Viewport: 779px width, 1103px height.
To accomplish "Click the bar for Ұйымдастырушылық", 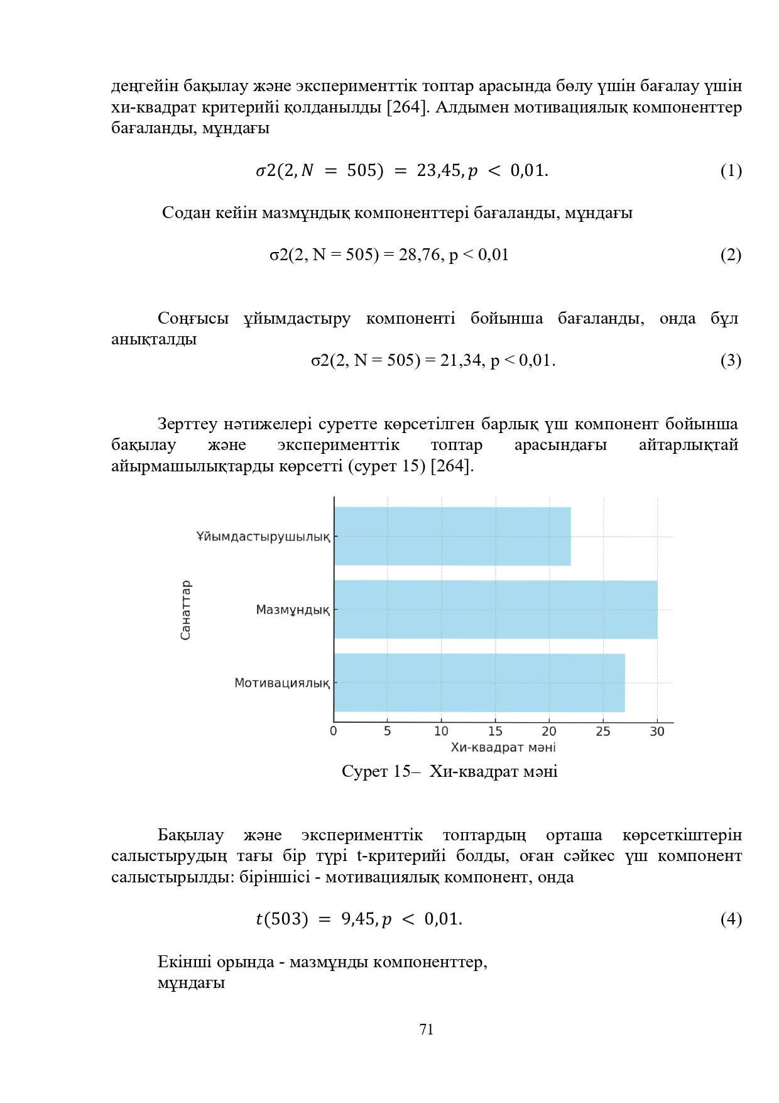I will (452, 536).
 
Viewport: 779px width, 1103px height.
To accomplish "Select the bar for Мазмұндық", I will (495, 609).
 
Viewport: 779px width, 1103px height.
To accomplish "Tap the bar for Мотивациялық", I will (479, 682).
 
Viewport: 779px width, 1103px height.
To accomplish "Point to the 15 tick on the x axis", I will (495, 731).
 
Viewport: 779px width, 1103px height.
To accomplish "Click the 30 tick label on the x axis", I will (657, 731).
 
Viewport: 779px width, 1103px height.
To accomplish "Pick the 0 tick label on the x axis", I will (334, 731).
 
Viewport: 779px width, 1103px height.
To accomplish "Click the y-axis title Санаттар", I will (185, 610).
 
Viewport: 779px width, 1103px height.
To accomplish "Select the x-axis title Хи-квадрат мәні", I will (503, 747).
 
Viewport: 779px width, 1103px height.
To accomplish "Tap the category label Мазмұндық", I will (293, 610).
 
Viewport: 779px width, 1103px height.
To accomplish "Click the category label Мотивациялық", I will (282, 683).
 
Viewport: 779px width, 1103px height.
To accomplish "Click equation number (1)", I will (731, 170).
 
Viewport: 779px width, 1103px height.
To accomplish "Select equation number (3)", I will (731, 360).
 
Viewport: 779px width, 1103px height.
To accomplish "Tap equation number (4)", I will (731, 919).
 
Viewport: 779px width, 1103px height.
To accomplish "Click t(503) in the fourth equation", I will (282, 919).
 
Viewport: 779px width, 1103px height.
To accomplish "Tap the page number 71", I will (427, 1029).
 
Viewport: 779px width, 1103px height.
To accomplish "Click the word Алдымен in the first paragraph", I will (471, 107).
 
